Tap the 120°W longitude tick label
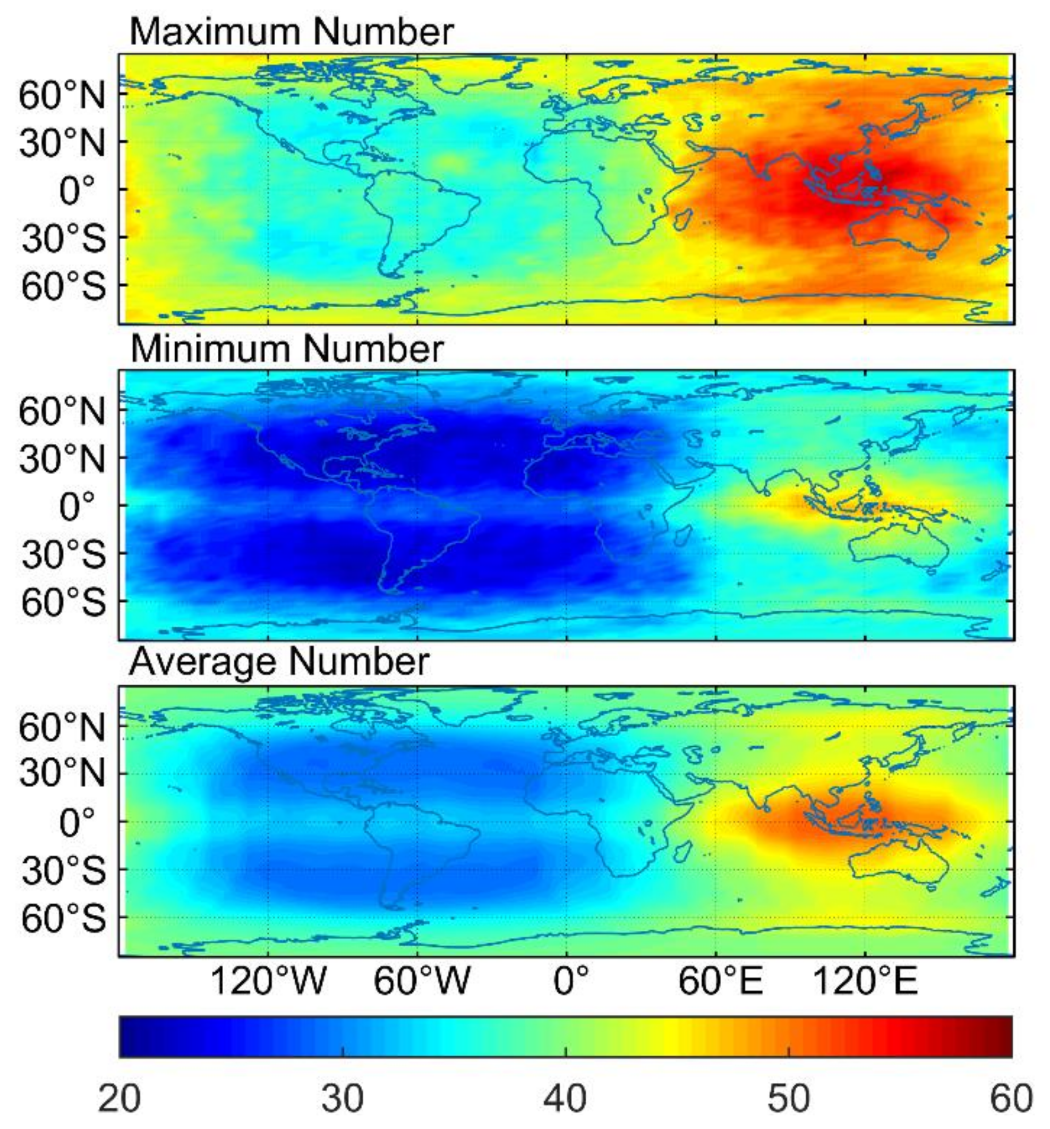pos(268,981)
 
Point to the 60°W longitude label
pos(421,981)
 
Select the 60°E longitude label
pos(720,981)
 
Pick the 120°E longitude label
pos(865,981)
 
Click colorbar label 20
pos(119,1098)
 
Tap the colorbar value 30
pos(342,1098)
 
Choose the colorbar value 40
pos(565,1098)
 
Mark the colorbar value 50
pos(788,1098)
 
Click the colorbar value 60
pos(1011,1098)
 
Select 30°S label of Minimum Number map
pos(64,554)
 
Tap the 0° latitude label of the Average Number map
pos(77,822)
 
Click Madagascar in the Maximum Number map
pos(684,218)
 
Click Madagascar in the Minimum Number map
pos(684,534)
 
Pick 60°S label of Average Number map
pos(64,919)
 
